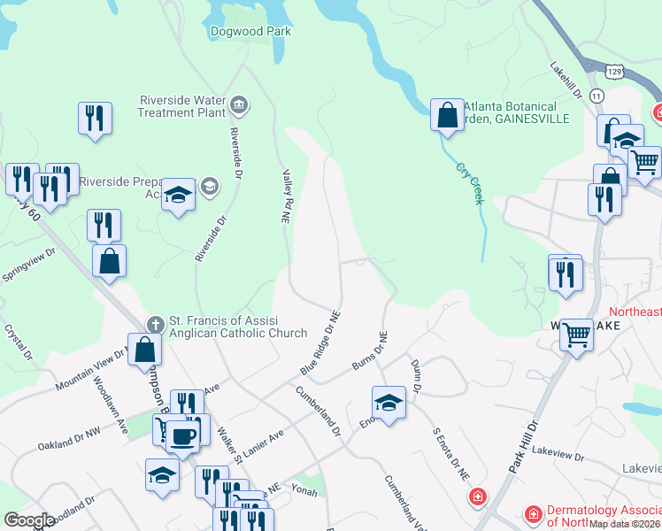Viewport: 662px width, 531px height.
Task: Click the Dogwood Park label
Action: click(x=250, y=31)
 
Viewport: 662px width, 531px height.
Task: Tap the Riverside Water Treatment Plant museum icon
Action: click(x=238, y=106)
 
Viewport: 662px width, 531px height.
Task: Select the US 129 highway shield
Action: click(x=616, y=68)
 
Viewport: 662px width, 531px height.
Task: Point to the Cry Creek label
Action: click(x=470, y=184)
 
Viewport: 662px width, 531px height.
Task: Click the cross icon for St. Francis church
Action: click(x=155, y=323)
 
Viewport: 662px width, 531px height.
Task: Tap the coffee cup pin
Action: click(x=184, y=435)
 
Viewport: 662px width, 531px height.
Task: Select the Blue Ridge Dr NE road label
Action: click(x=320, y=342)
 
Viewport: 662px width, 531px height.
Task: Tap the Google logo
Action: click(x=29, y=520)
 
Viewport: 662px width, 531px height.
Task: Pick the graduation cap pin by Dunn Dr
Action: click(x=389, y=403)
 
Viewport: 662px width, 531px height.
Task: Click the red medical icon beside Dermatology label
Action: click(x=534, y=514)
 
